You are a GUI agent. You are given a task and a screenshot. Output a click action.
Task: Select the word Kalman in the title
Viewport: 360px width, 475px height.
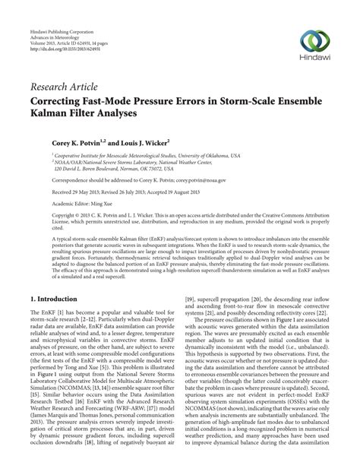pyautogui.click(x=49, y=115)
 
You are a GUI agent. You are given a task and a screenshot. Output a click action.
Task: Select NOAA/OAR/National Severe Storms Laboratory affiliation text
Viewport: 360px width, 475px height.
pyautogui.click(x=91, y=163)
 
